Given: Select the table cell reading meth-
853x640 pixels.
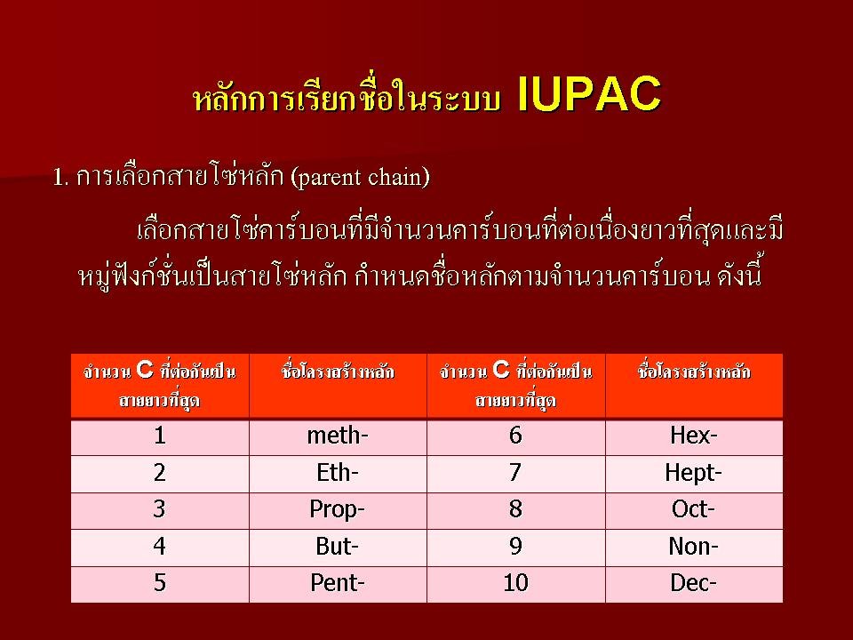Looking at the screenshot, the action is coord(338,436).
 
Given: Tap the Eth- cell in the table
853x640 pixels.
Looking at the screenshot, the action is coord(338,473).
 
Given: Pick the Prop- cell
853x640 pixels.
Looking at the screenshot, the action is coord(338,510).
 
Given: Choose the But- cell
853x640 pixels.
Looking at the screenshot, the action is coord(338,547).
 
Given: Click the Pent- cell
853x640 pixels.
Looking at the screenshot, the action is coord(338,583).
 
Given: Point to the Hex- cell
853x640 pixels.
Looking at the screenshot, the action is coord(694,436).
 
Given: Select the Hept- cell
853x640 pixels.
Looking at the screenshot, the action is coord(694,473).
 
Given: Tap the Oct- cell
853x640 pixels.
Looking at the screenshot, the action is coord(694,510).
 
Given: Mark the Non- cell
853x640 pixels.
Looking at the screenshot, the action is coord(694,547).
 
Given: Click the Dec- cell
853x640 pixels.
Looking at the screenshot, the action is coord(694,583).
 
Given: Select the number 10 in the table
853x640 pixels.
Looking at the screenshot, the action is coord(515,583).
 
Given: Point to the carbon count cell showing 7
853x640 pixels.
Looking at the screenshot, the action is coord(515,473).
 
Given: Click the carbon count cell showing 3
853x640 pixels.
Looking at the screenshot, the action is coord(159,510).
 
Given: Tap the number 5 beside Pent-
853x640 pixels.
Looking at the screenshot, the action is coord(159,583).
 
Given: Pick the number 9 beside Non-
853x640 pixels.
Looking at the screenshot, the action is coord(515,547).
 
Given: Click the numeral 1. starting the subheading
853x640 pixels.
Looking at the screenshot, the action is coord(60,178).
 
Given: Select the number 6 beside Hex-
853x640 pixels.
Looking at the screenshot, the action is coord(515,436).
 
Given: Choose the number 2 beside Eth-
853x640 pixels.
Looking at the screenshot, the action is coord(159,473).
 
